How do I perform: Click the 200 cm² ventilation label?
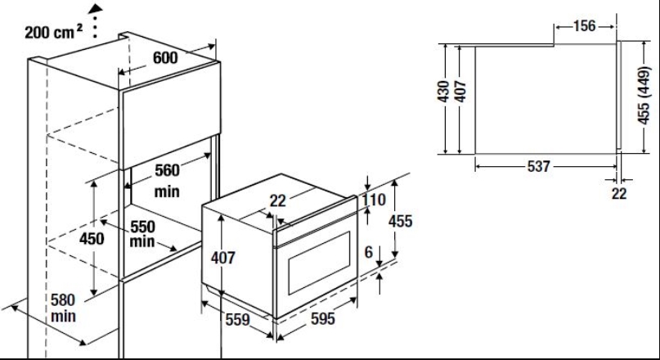[53, 32]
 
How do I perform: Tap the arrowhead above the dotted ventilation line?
[96, 8]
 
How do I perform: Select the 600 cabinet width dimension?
[165, 57]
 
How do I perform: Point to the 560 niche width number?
[167, 170]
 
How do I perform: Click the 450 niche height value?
[92, 239]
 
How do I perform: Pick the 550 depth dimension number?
[142, 227]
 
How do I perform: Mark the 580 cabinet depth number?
[63, 300]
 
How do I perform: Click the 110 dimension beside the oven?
[374, 200]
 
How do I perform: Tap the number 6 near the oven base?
[368, 252]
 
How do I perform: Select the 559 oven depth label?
[238, 320]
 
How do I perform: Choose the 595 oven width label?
[323, 319]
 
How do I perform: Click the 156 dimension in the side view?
[584, 26]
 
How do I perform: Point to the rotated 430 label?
[443, 92]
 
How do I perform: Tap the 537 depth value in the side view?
[539, 166]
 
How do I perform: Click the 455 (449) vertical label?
[644, 96]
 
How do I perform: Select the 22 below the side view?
[619, 194]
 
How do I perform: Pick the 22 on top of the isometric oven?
[278, 200]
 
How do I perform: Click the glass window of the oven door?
[319, 263]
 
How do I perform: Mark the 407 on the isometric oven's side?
[222, 258]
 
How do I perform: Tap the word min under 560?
[167, 191]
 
